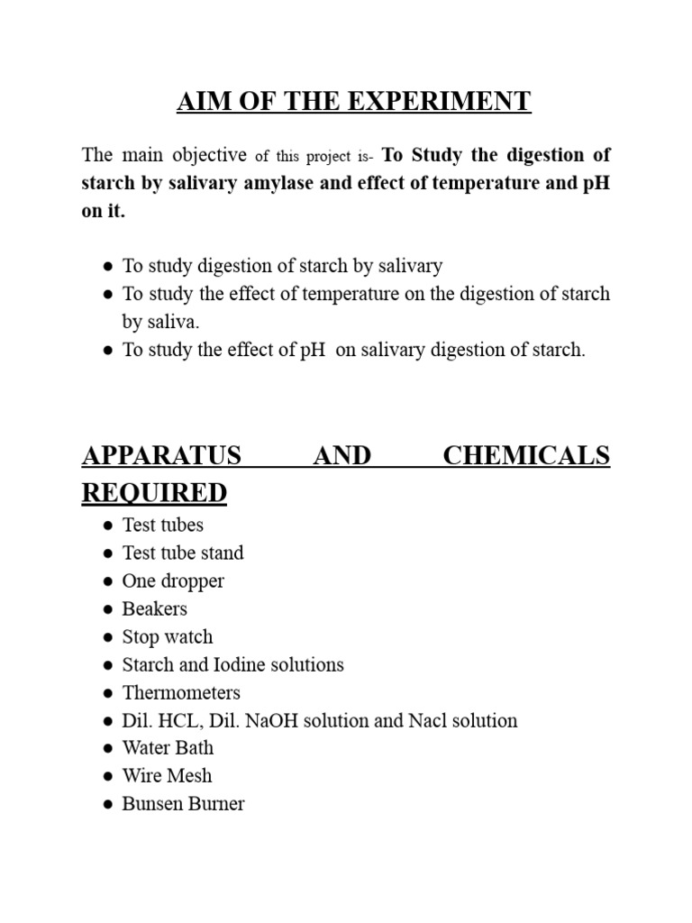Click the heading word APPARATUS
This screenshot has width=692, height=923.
click(161, 456)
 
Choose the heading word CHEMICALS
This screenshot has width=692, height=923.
click(526, 456)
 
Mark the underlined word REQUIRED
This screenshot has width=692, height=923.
click(154, 493)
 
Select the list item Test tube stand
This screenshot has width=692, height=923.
click(183, 553)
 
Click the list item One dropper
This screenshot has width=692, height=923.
click(173, 580)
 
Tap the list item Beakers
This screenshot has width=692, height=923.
click(155, 608)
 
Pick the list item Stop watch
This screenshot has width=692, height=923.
click(168, 636)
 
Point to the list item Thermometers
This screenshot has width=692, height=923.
click(181, 693)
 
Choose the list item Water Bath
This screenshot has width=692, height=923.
click(168, 748)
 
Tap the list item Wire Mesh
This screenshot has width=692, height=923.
click(167, 776)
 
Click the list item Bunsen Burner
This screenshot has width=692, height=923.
click(183, 804)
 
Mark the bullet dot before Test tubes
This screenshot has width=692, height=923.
click(107, 525)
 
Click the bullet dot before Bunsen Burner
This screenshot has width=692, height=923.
click(107, 804)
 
